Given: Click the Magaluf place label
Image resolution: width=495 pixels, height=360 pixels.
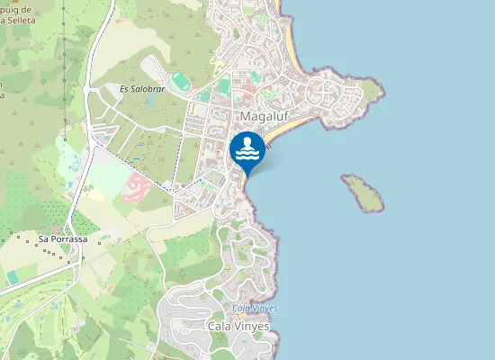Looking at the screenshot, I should [x=263, y=117].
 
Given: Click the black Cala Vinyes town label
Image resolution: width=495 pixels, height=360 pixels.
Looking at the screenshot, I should [x=238, y=326].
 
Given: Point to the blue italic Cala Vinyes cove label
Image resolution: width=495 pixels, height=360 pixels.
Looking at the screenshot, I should [x=255, y=308].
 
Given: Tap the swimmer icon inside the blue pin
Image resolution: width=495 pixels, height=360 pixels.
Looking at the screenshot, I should [x=247, y=148].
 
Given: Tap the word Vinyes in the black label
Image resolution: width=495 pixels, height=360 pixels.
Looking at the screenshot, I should [x=252, y=326].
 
